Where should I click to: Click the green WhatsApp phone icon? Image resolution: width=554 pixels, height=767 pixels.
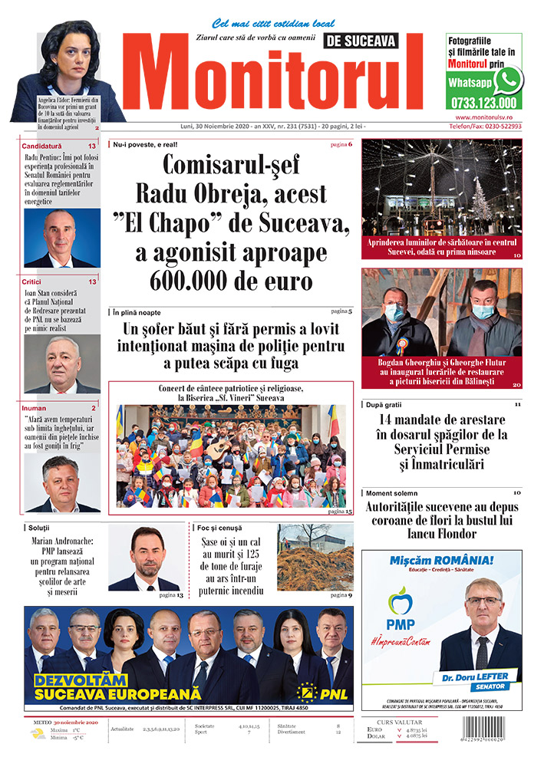click(507, 80)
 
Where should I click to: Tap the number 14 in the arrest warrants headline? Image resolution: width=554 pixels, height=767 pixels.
click(390, 420)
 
